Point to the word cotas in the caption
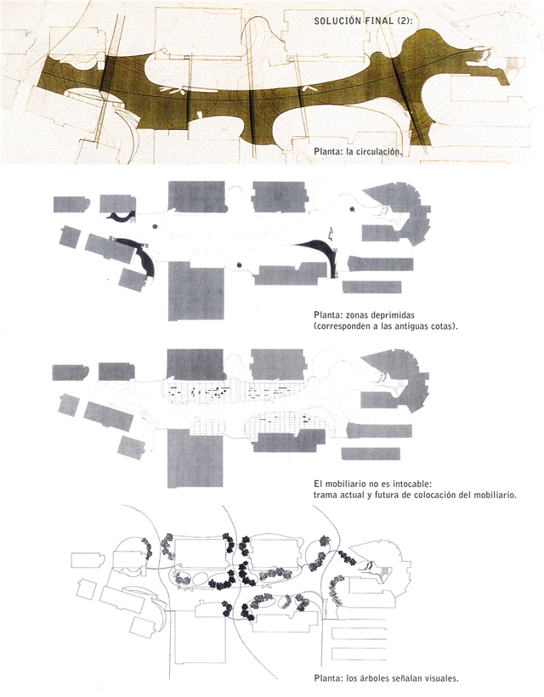point(446,326)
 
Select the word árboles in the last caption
point(372,678)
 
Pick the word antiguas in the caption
point(416,326)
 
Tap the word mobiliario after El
point(347,484)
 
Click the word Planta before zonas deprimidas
point(327,315)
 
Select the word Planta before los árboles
point(327,678)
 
